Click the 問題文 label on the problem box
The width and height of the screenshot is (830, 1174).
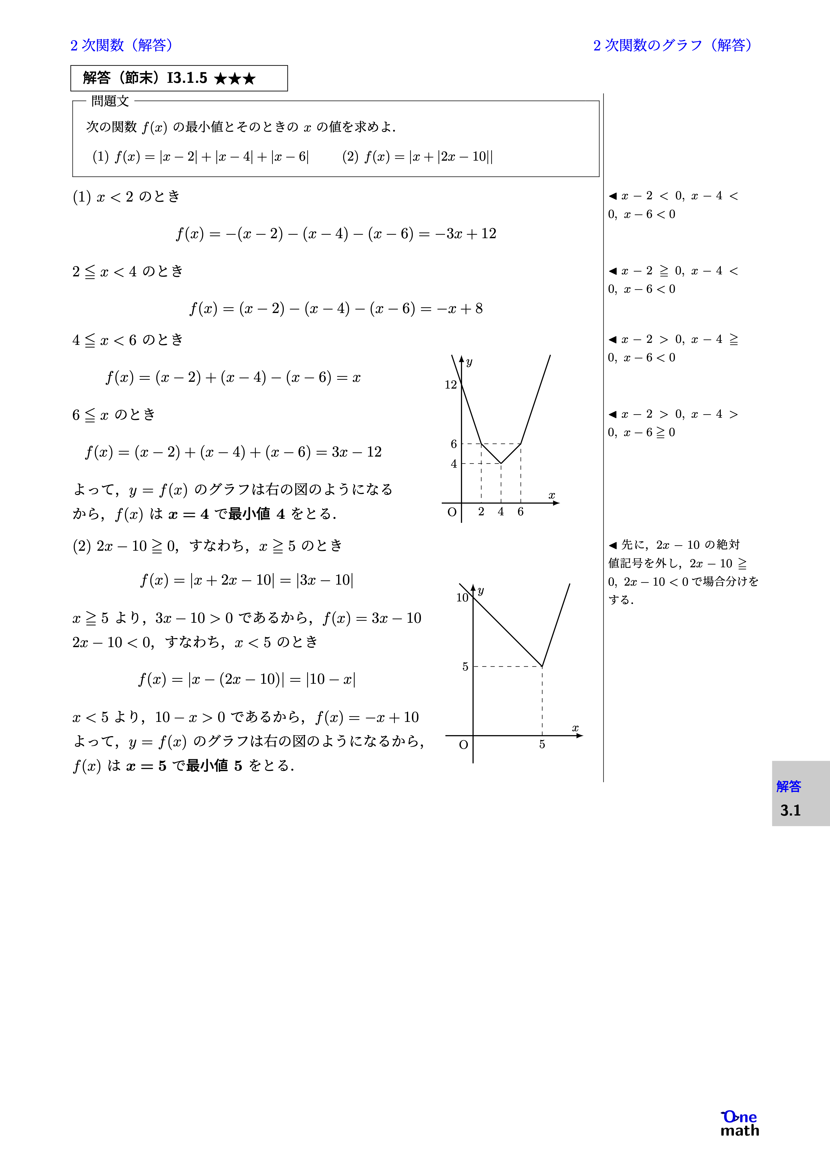110,101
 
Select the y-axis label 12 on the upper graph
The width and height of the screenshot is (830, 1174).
451,385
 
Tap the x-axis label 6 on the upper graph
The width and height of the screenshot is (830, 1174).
521,511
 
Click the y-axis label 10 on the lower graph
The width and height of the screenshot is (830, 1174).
462,597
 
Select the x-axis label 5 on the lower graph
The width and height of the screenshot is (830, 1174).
542,745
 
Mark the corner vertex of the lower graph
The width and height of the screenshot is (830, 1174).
542,666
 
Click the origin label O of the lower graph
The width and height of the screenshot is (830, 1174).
463,745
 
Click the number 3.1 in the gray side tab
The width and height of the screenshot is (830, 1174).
790,811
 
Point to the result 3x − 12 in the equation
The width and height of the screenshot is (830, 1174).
356,452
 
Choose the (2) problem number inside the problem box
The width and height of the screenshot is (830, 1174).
350,156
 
